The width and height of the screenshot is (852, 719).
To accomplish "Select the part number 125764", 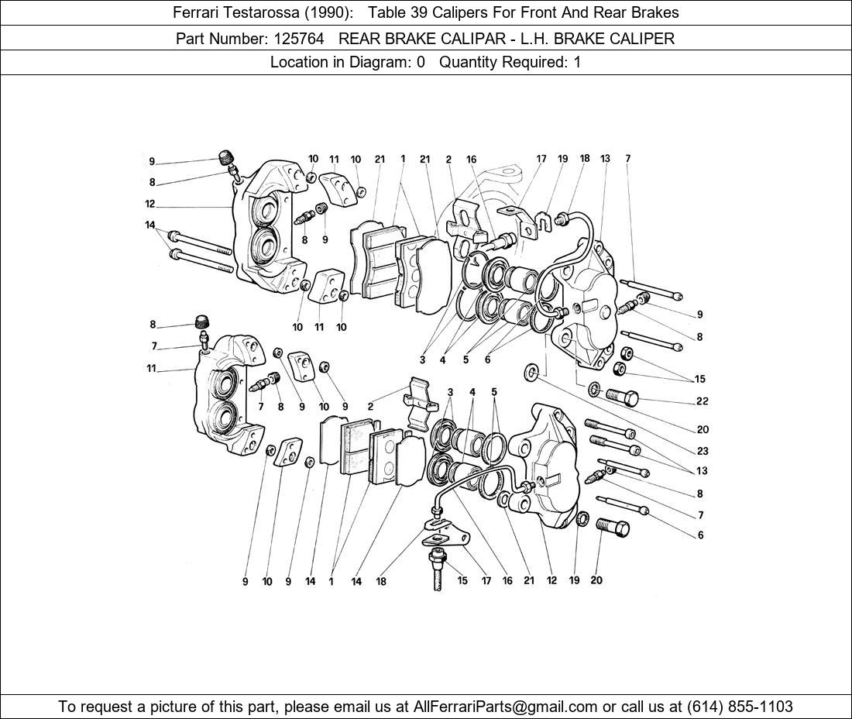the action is (299, 38).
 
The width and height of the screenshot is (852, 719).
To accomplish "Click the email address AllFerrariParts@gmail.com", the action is (505, 707).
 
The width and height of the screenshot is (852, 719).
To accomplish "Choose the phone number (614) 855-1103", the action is (740, 707).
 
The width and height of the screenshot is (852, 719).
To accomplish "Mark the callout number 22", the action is (702, 401).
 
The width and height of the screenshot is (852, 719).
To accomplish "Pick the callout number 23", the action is (703, 450).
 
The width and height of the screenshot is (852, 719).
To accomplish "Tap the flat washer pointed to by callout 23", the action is (531, 372).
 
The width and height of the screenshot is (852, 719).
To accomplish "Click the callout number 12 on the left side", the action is (150, 205).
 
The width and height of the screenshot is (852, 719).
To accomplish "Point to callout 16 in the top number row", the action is (471, 160).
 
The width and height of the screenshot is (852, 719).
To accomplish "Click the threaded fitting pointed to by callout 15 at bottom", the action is (437, 569).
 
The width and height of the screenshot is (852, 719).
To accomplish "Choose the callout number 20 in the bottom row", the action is (596, 580).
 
